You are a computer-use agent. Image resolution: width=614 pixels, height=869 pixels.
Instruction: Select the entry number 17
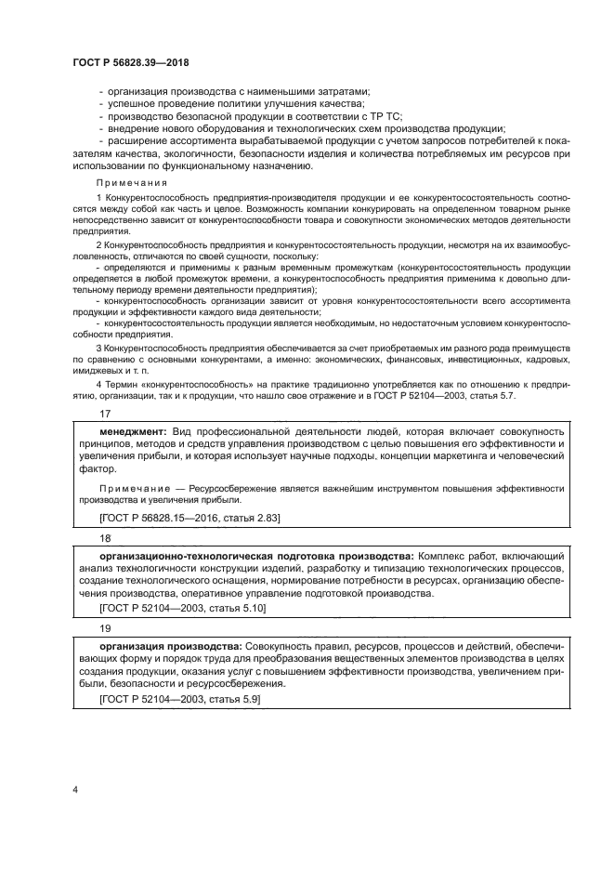click(104, 415)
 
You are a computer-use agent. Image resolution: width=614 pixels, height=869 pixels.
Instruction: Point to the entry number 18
click(104, 537)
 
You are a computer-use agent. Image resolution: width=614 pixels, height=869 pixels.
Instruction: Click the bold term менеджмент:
click(133, 432)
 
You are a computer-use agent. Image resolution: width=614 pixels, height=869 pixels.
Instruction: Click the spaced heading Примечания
click(132, 183)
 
